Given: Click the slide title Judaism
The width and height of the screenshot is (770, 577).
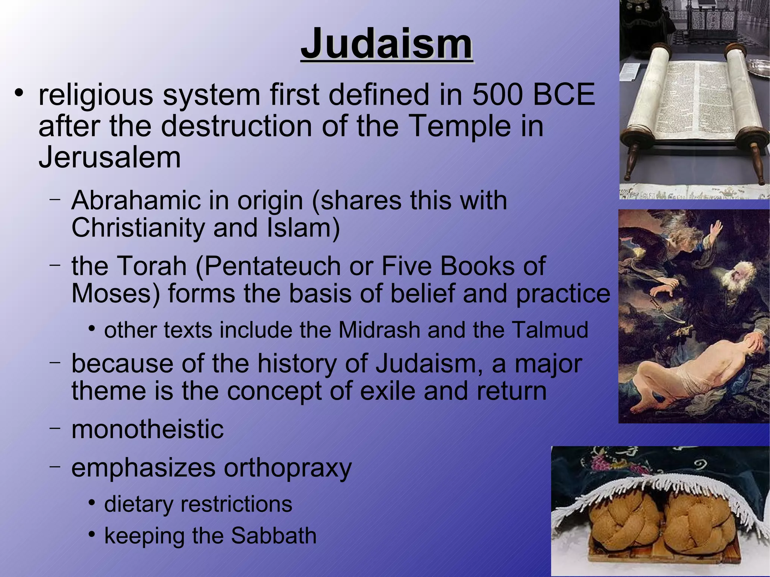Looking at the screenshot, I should [387, 44].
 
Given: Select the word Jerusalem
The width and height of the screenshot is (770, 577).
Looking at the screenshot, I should [109, 157].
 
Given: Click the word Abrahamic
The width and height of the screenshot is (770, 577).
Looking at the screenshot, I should [136, 200].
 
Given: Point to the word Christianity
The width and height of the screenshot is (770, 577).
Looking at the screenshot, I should [138, 228].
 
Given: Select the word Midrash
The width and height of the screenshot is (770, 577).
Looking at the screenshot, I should [379, 330].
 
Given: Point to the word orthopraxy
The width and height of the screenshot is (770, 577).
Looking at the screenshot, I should [288, 468].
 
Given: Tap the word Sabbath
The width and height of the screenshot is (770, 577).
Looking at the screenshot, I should [273, 535].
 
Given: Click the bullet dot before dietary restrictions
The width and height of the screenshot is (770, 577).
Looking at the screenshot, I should [92, 503].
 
